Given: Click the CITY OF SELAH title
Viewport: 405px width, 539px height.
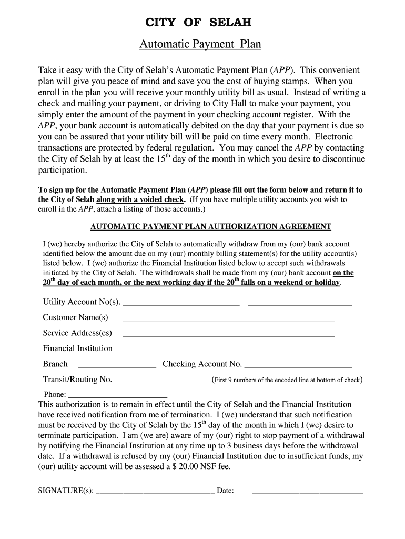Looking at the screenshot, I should pos(198,23).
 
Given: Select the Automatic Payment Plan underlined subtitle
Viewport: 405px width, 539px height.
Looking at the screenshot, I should pos(200,44).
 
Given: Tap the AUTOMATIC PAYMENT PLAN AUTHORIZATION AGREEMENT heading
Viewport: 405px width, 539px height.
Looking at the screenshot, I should pos(211,227).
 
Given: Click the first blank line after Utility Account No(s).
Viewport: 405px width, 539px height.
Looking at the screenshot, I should pos(181,304).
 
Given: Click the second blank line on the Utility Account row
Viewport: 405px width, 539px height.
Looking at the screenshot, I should pos(299,304).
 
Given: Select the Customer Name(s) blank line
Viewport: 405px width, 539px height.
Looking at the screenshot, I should pos(228,320).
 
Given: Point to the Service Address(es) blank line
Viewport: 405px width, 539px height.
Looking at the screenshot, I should pos(228,335).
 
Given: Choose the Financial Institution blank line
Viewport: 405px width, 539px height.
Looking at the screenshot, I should pos(228,351).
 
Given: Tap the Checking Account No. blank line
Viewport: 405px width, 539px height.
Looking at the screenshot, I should pos(298,366).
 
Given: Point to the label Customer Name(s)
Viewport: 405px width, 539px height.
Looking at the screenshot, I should pos(75,317).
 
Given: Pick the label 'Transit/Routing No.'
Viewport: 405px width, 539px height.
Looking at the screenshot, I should pos(77,380).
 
